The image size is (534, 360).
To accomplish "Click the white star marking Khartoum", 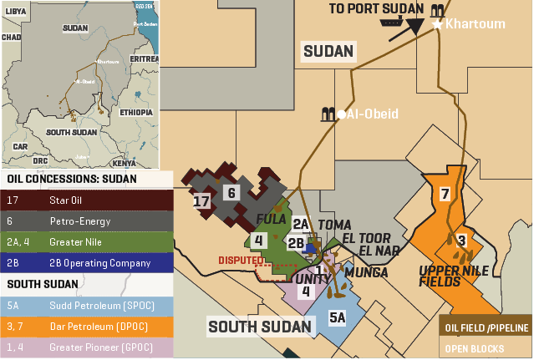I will (437, 25).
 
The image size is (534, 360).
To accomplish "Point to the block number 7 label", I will (445, 194).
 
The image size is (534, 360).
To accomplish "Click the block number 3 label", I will (460, 241).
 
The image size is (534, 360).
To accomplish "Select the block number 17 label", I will (201, 201).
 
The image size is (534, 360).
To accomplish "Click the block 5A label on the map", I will (337, 317).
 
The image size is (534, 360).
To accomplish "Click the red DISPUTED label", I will (242, 260).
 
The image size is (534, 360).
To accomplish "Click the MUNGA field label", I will (366, 272).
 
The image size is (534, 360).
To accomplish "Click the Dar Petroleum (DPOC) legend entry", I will (88, 325).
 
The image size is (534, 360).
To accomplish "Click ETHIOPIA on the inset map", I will (135, 112).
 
